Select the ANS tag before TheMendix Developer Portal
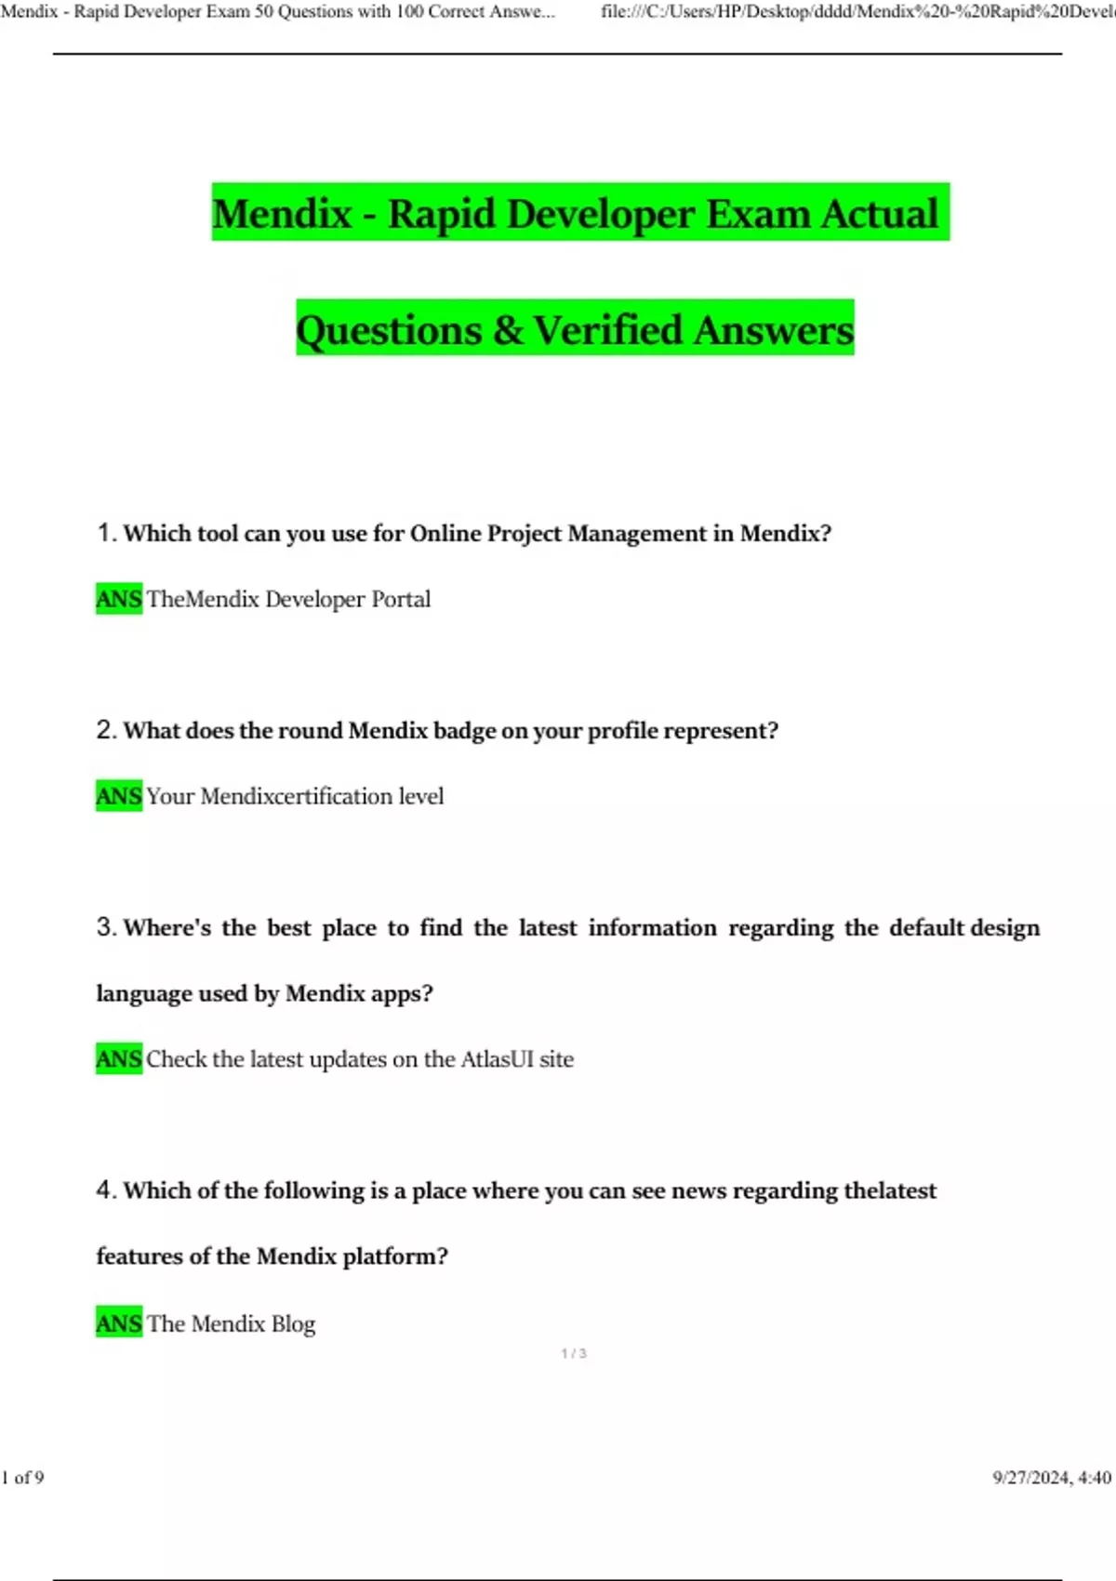point(119,599)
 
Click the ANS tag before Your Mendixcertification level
point(119,796)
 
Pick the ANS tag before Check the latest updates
point(119,1059)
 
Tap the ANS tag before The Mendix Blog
point(119,1323)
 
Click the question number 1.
point(105,533)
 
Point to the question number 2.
point(105,730)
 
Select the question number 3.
point(105,927)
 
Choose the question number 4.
point(105,1190)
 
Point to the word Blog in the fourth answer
point(293,1323)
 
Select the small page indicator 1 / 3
point(574,1353)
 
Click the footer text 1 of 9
point(22,1478)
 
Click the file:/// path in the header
point(856,12)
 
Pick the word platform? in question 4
point(395,1256)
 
